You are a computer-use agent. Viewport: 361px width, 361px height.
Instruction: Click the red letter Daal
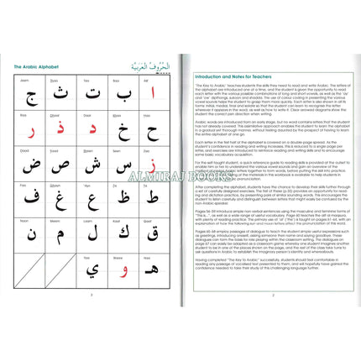tap(92, 130)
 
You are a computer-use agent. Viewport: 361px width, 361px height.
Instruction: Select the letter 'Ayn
tap(92, 199)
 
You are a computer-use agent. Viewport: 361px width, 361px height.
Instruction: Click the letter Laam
tap(92, 233)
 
